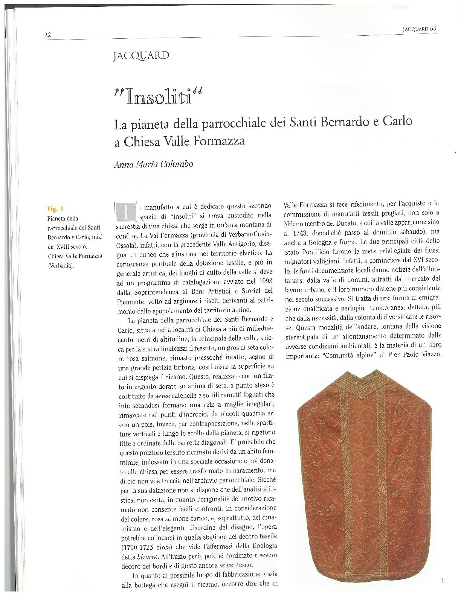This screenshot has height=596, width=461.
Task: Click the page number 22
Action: point(47,35)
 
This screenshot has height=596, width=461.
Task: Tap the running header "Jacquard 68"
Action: point(419,28)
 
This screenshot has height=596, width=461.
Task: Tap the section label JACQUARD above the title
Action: point(141,56)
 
